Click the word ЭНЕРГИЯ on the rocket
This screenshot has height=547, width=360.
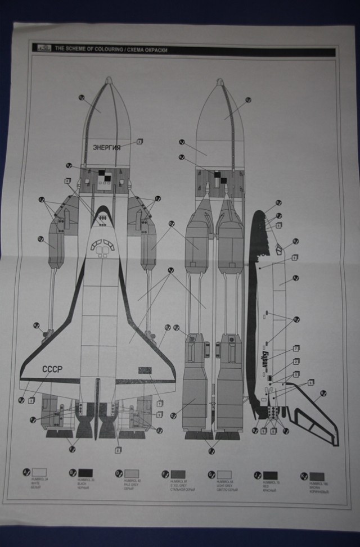click(106, 147)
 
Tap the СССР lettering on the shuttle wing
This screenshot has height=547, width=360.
click(53, 369)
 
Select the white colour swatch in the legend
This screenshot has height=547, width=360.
click(39, 472)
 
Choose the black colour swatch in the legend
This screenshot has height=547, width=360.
click(85, 473)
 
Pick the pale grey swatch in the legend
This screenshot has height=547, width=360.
click(132, 473)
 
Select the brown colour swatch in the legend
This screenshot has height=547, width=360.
click(317, 476)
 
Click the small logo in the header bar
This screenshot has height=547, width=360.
click(44, 48)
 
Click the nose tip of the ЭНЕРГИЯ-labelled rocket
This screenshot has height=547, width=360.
click(109, 81)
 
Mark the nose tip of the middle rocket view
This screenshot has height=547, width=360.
click(219, 83)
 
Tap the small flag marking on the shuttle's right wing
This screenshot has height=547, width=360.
click(144, 369)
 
